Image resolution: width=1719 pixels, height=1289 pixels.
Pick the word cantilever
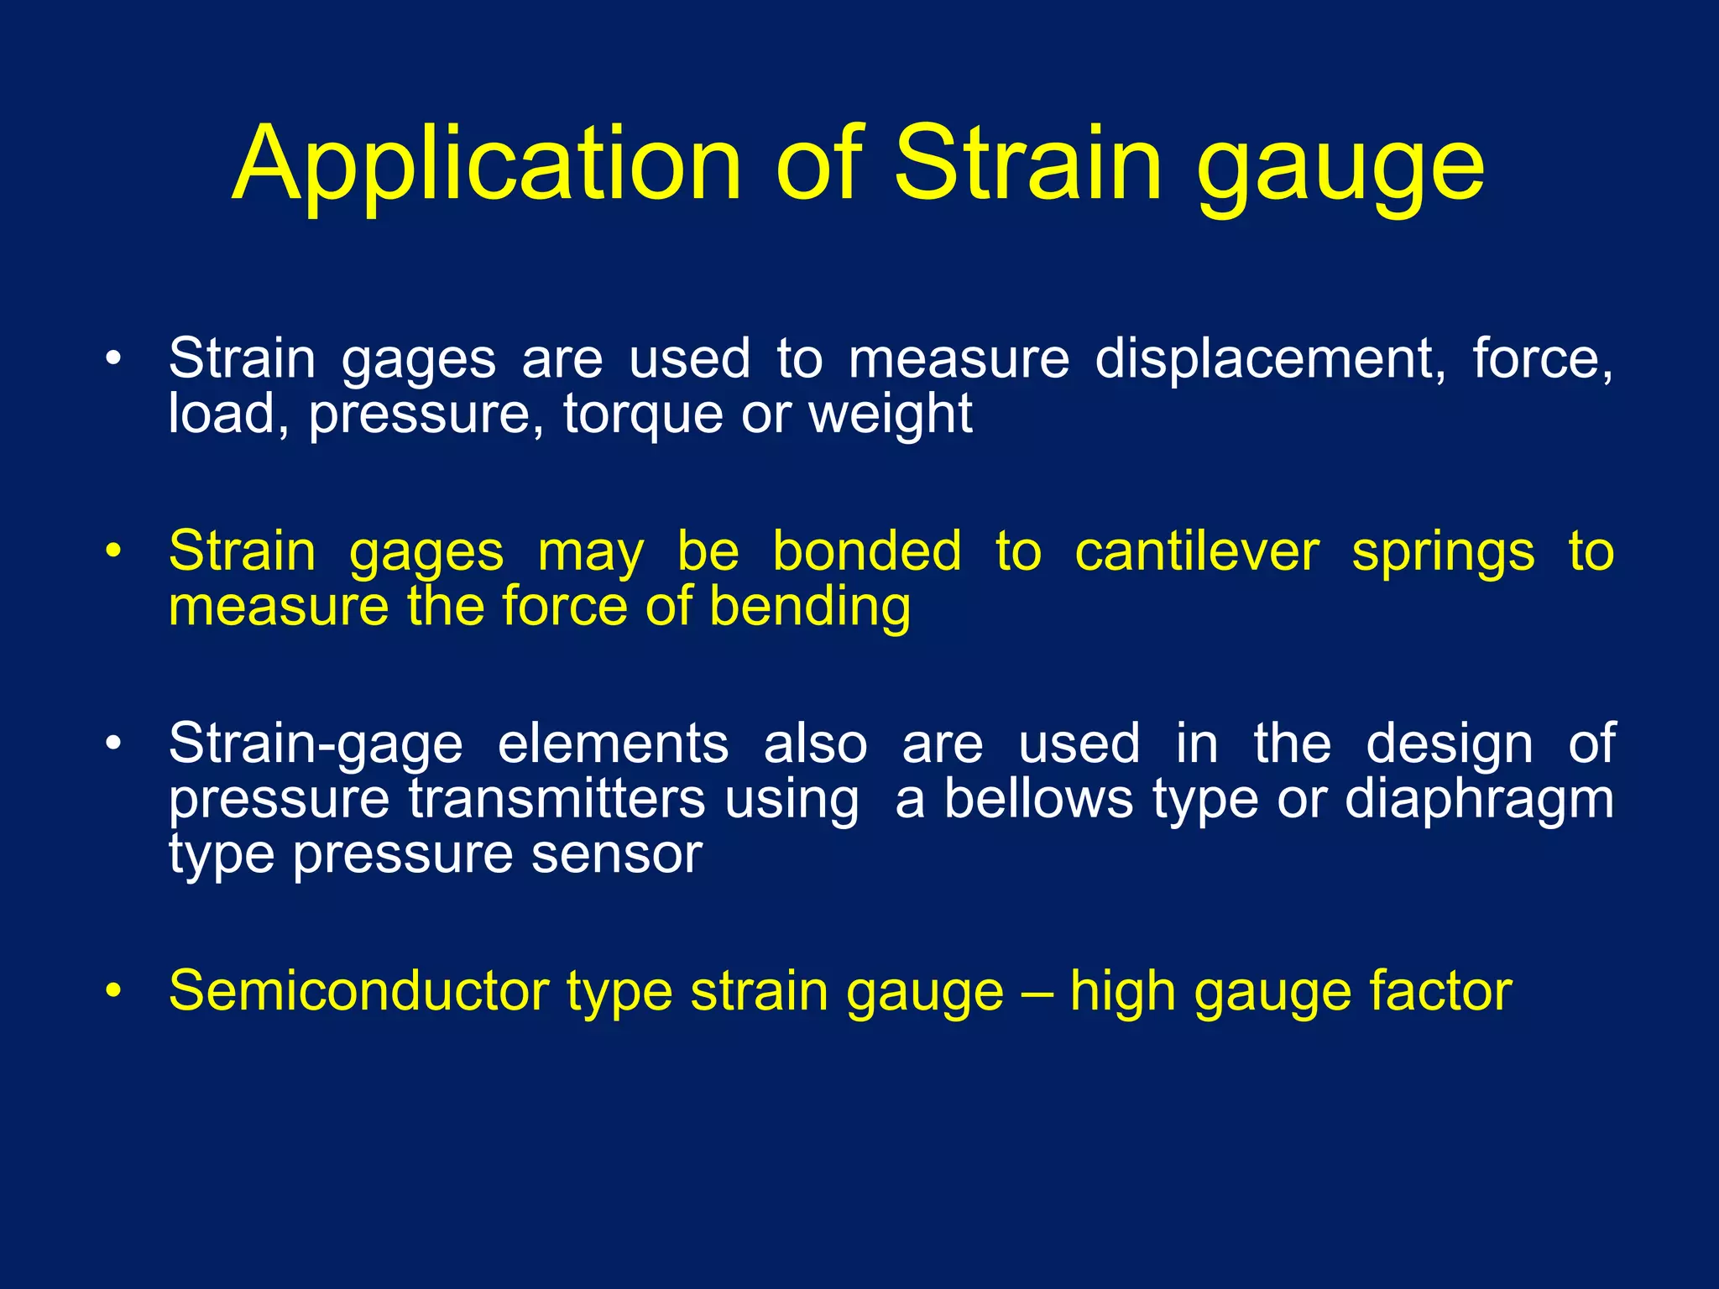(x=1197, y=552)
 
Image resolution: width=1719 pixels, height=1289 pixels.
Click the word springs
(x=1443, y=554)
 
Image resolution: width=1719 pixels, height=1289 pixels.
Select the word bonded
(x=866, y=552)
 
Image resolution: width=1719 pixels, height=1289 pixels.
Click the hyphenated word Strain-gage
(x=316, y=745)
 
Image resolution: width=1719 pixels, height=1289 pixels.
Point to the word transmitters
(x=556, y=799)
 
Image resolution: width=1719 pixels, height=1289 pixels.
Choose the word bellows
(x=1038, y=799)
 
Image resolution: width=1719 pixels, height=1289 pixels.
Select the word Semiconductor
(x=358, y=991)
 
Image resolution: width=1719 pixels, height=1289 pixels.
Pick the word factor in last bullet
(x=1440, y=991)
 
